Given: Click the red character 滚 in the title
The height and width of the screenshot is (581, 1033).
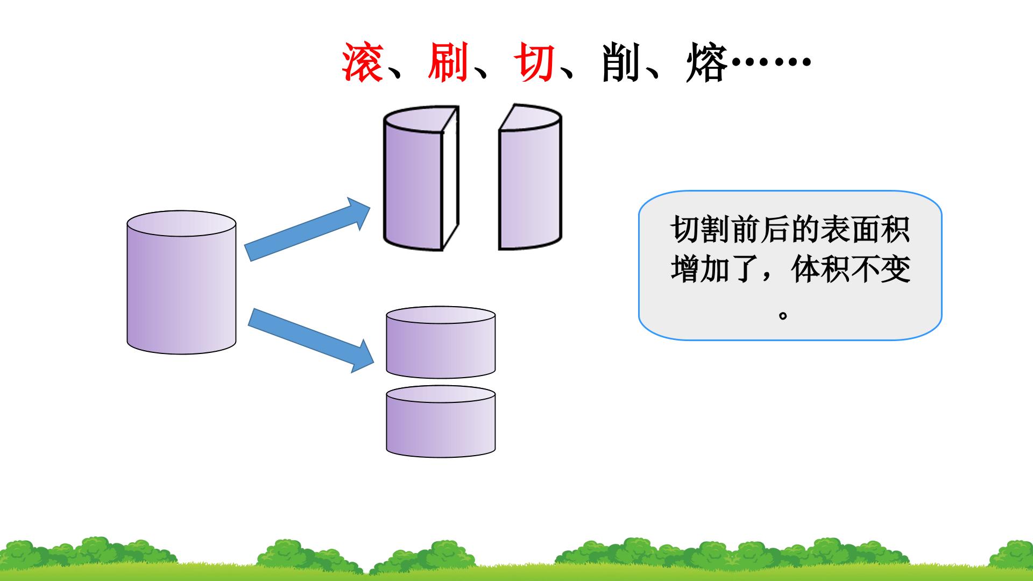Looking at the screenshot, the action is pos(363,63).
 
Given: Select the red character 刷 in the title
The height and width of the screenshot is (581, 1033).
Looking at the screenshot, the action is pos(448,63).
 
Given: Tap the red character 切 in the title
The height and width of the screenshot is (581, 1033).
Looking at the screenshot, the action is pos(534,63).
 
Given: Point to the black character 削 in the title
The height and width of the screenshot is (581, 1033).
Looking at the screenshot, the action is pos(620,63).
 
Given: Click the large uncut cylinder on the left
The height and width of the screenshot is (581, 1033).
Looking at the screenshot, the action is pos(181,282).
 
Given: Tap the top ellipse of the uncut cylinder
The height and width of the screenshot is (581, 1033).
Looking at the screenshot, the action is pos(181,224).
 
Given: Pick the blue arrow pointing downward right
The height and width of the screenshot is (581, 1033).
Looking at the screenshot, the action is pos(310,340).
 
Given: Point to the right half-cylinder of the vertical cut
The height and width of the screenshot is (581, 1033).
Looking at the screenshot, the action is pos(530,178).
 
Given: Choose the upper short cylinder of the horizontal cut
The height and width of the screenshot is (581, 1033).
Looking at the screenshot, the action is pos(441,342).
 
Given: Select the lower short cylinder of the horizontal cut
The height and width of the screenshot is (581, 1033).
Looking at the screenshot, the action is pos(441,421).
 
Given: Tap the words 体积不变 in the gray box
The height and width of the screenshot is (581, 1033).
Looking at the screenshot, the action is pos(851,269).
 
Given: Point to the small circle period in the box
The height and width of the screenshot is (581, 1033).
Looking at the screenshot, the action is pos(783,315).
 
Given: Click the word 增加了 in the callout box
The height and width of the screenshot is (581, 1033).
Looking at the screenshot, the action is pos(716,269).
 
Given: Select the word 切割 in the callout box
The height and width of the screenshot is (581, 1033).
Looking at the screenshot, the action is pos(701,230).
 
